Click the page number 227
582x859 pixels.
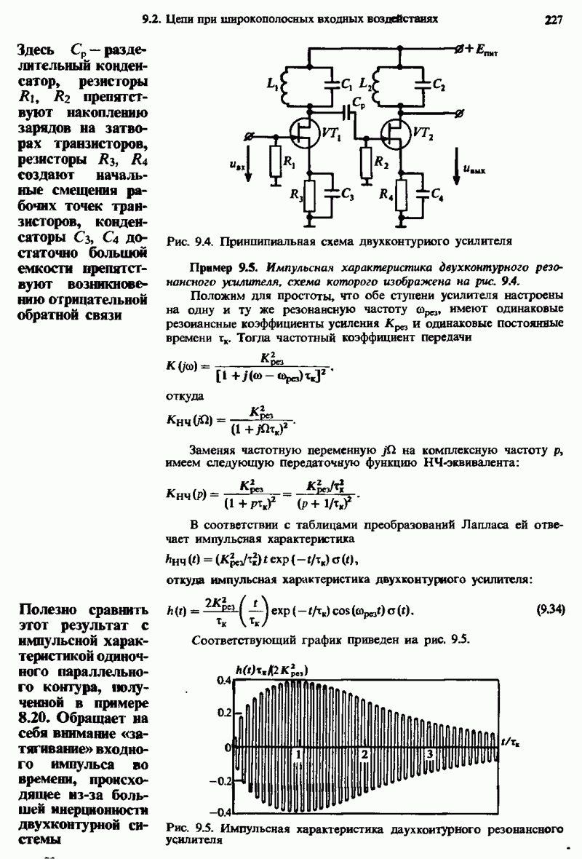555,20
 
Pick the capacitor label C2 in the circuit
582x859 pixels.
439,85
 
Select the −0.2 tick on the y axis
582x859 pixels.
218,780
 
